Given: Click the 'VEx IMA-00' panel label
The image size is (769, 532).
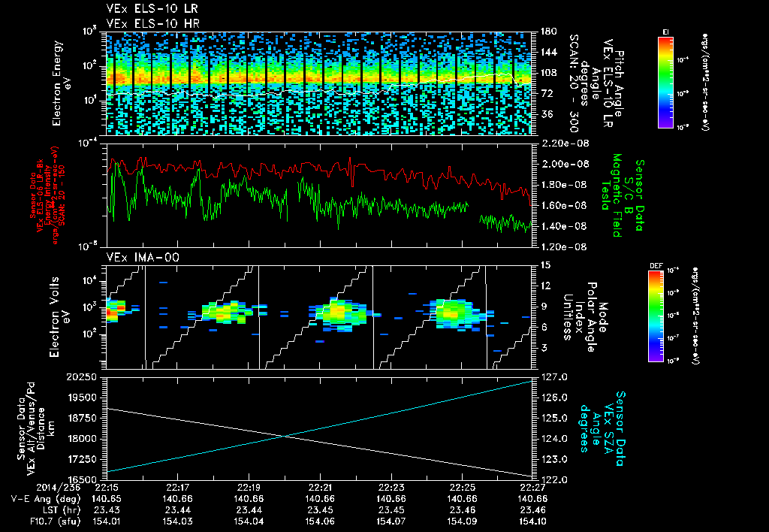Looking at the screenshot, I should coord(135,257).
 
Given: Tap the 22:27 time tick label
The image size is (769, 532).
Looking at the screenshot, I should coord(530,486).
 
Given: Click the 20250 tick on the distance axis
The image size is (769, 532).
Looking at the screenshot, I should coord(86,376).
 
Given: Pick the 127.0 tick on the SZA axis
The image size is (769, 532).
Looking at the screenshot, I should coord(553,376).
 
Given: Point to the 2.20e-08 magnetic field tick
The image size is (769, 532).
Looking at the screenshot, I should coord(560,143).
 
